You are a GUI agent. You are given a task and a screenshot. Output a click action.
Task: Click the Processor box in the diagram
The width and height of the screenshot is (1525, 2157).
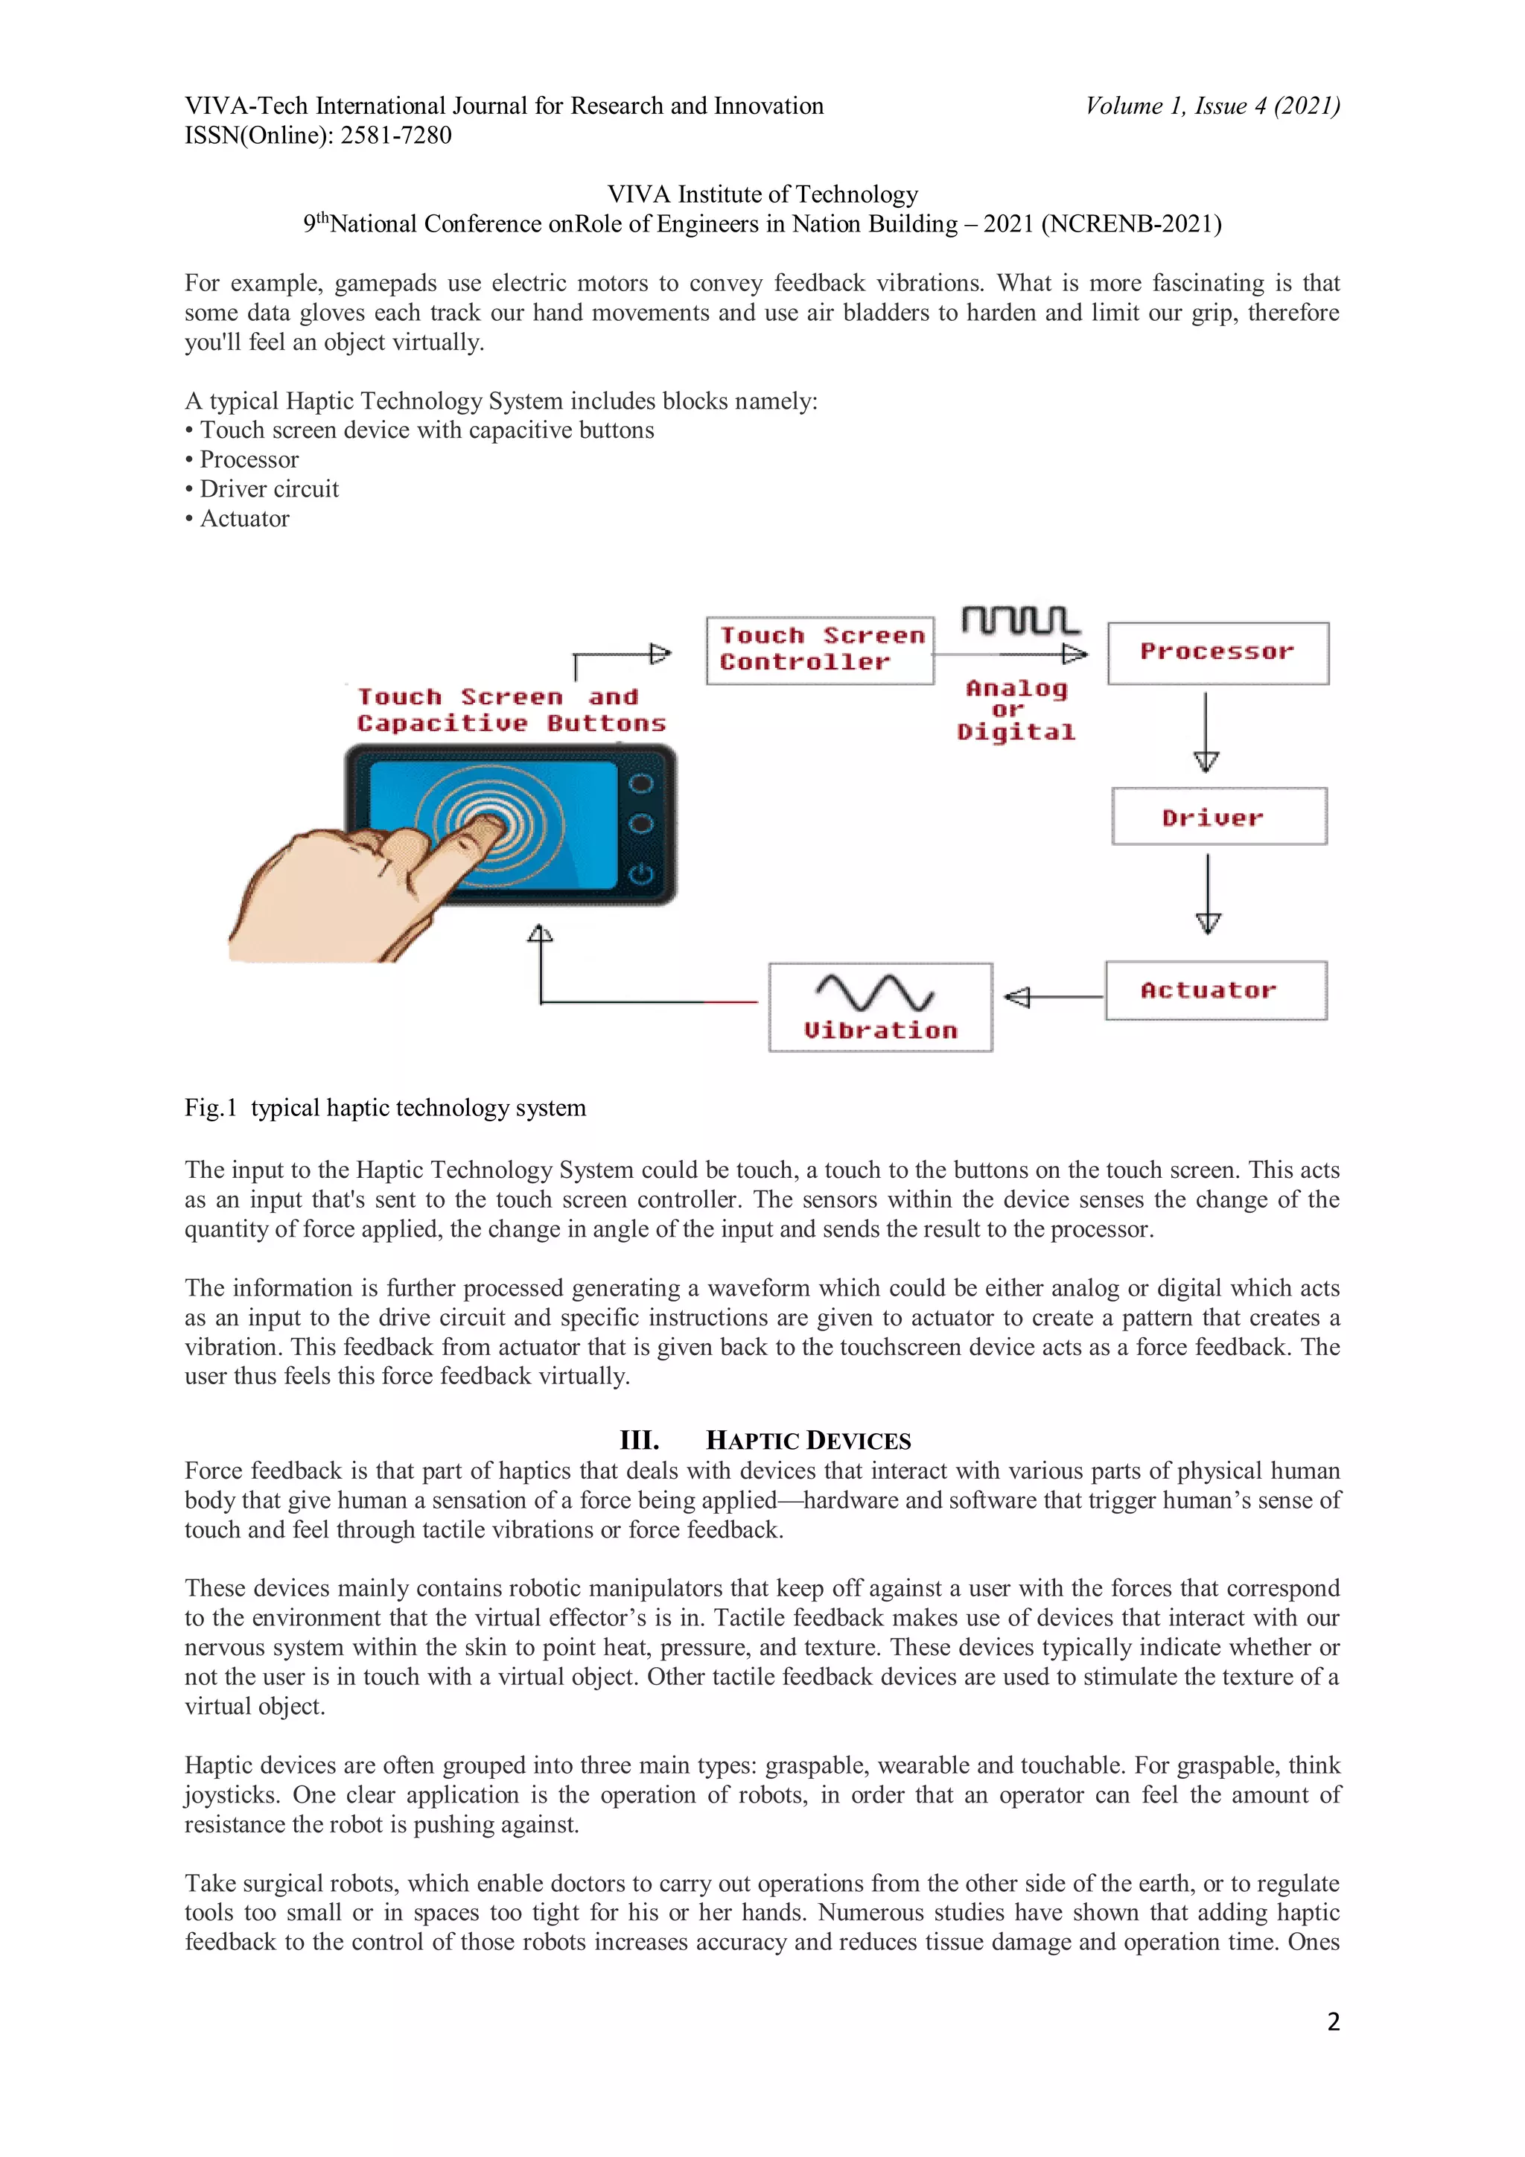point(1217,653)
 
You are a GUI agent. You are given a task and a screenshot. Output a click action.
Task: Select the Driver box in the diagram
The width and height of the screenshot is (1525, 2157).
point(1219,816)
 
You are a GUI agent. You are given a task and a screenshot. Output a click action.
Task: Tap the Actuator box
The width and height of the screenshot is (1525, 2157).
point(1216,990)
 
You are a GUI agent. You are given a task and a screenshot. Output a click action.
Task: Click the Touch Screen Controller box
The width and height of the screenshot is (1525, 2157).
point(819,650)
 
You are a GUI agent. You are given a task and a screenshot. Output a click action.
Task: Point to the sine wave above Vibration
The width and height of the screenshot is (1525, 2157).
point(874,992)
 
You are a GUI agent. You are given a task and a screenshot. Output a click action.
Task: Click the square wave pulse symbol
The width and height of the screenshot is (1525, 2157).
point(1020,621)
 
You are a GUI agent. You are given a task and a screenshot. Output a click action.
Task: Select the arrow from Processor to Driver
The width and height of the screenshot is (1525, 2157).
point(1206,732)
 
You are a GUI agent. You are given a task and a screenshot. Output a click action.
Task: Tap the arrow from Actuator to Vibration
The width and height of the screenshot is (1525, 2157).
point(1052,997)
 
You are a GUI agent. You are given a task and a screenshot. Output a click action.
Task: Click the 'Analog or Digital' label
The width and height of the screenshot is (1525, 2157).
point(1016,710)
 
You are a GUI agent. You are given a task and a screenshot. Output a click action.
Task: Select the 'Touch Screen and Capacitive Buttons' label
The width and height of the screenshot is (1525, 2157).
point(511,710)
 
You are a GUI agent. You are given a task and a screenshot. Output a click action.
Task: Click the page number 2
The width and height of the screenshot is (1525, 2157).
point(1332,2021)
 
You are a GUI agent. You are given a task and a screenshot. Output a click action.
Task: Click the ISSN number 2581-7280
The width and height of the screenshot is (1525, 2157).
point(395,136)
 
